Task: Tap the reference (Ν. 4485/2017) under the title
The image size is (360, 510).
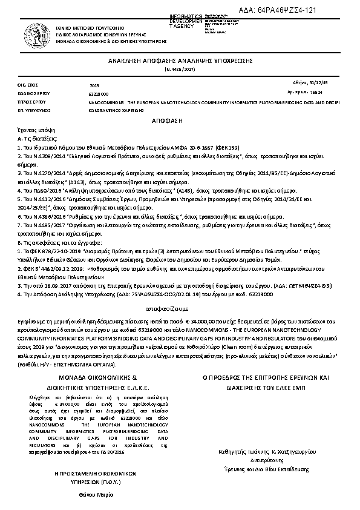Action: click(180, 70)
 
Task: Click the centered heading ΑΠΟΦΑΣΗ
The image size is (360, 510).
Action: click(180, 121)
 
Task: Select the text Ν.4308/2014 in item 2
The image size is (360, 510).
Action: click(42, 155)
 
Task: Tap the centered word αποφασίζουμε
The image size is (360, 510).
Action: click(180, 309)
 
